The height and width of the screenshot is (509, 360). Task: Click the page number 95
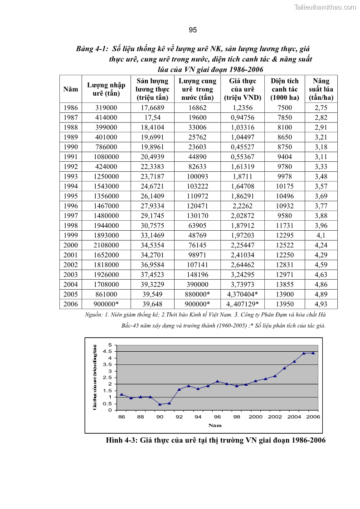(192, 30)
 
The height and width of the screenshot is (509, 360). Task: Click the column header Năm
(70, 89)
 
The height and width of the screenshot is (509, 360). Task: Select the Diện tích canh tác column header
(285, 89)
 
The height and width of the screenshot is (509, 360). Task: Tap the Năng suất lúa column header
(321, 89)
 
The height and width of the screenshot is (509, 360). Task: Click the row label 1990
(70, 147)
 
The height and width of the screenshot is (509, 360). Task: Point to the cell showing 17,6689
(152, 108)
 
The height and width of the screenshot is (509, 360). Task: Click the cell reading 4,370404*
(243, 294)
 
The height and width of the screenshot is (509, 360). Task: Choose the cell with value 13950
(285, 304)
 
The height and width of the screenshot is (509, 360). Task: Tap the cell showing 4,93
(321, 304)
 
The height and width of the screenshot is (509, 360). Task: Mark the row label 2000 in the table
(70, 245)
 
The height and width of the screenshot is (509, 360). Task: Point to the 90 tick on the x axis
(160, 417)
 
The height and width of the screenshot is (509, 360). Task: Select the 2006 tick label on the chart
(313, 417)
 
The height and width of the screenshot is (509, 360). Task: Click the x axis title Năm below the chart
(215, 425)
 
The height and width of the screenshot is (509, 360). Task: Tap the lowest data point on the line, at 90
(160, 404)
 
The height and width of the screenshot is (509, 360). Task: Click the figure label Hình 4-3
(122, 440)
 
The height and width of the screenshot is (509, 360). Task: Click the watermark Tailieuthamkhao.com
(325, 7)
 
